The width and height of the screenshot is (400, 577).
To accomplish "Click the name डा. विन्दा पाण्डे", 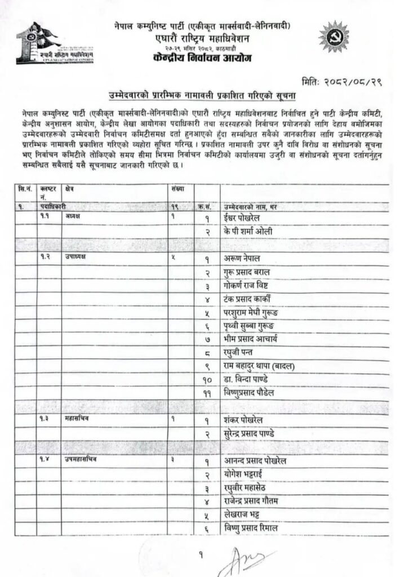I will [x=248, y=380].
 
